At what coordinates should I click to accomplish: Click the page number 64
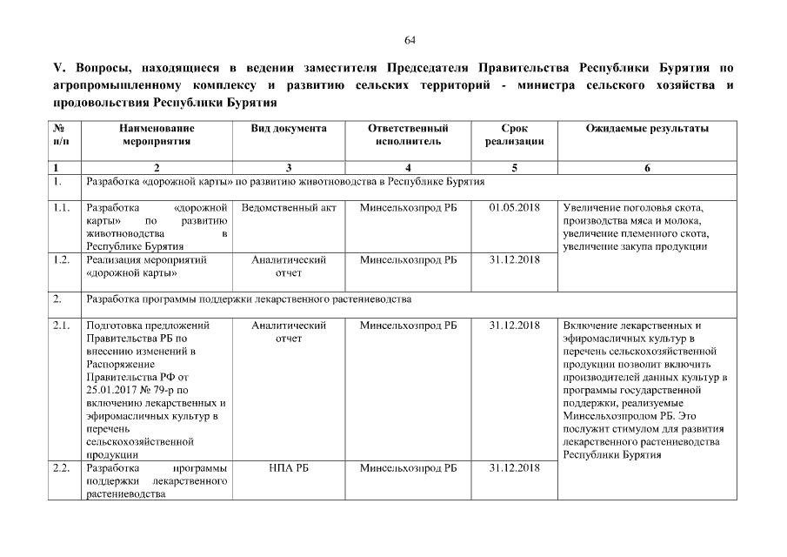410,40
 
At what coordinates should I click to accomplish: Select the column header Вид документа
288,129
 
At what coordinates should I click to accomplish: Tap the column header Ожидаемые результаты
647,129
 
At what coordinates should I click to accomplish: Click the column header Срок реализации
514,135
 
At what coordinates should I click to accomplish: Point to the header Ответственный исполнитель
408,135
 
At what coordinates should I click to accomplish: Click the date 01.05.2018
514,208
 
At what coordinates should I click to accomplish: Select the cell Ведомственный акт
288,208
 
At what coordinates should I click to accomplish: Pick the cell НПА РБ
288,468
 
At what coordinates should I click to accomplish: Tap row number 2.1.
61,325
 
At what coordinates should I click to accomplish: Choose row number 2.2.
61,468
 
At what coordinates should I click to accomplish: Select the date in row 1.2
514,259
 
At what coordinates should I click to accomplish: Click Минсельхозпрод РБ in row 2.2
408,468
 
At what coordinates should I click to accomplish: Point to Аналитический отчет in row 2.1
288,332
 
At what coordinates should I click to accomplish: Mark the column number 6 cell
647,168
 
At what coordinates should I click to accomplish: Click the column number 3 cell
288,168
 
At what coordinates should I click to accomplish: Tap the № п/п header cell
62,135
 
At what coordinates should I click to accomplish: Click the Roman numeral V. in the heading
58,68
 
